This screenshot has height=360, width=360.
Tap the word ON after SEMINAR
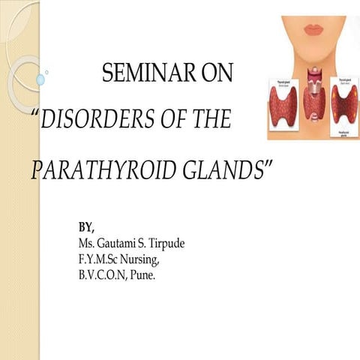click(x=216, y=73)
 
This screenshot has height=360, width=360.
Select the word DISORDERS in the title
click(x=93, y=120)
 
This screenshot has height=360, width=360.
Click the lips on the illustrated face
click(x=313, y=29)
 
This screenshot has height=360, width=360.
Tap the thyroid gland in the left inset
click(x=283, y=104)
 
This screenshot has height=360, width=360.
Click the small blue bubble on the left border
click(x=40, y=79)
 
